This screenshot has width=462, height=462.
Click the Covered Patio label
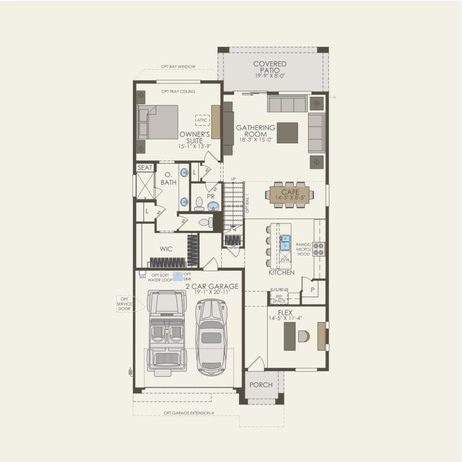coord(270,68)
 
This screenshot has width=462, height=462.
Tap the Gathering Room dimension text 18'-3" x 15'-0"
coord(255,141)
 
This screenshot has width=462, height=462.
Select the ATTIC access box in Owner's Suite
coord(202,120)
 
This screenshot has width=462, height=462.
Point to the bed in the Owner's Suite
coord(158,122)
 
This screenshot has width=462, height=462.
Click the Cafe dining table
coord(289,195)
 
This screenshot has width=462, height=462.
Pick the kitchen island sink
coord(285,241)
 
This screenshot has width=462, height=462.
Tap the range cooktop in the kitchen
coord(319,249)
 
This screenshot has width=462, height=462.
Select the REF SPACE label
coord(279,298)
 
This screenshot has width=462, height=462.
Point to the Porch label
coord(261,385)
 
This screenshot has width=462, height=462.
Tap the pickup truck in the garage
coord(167,334)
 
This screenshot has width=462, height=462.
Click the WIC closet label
coord(166,250)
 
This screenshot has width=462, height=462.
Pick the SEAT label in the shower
coord(145,168)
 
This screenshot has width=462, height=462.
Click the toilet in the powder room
coord(200,204)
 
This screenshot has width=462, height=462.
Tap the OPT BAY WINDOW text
coord(178,67)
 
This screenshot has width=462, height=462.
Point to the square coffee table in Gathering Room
coord(287,132)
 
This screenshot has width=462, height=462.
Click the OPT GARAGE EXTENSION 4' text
coord(189,413)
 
